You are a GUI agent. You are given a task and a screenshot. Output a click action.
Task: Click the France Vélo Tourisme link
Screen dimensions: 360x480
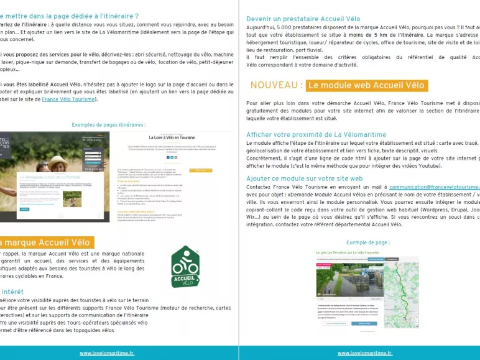pyautogui.click(x=68, y=99)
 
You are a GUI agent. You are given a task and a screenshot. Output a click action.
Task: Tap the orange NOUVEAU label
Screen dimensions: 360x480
pyautogui.click(x=277, y=85)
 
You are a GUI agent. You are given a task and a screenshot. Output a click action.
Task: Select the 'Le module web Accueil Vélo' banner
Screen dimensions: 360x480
pyautogui.click(x=367, y=85)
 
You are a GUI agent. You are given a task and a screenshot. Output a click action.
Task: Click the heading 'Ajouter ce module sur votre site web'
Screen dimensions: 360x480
pyautogui.click(x=305, y=178)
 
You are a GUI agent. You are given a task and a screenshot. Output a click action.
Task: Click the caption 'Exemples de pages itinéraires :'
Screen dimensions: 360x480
pyautogui.click(x=109, y=124)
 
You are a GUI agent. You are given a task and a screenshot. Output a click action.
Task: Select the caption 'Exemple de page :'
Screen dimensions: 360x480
pyautogui.click(x=368, y=242)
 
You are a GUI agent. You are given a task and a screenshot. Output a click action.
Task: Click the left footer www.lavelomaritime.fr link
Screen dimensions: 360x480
pyautogui.click(x=106, y=353)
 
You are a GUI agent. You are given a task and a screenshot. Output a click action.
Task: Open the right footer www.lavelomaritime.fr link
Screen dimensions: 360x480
pyautogui.click(x=365, y=353)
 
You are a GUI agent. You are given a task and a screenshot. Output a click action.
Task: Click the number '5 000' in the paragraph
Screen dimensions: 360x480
pyautogui.click(x=290, y=28)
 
